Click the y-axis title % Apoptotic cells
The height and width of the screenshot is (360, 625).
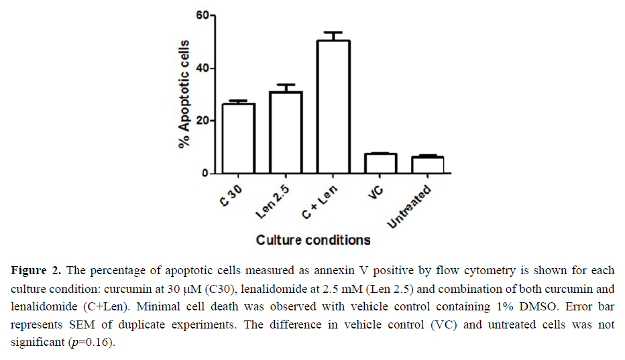coord(183,94)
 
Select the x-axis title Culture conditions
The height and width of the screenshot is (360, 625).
coord(313,240)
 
